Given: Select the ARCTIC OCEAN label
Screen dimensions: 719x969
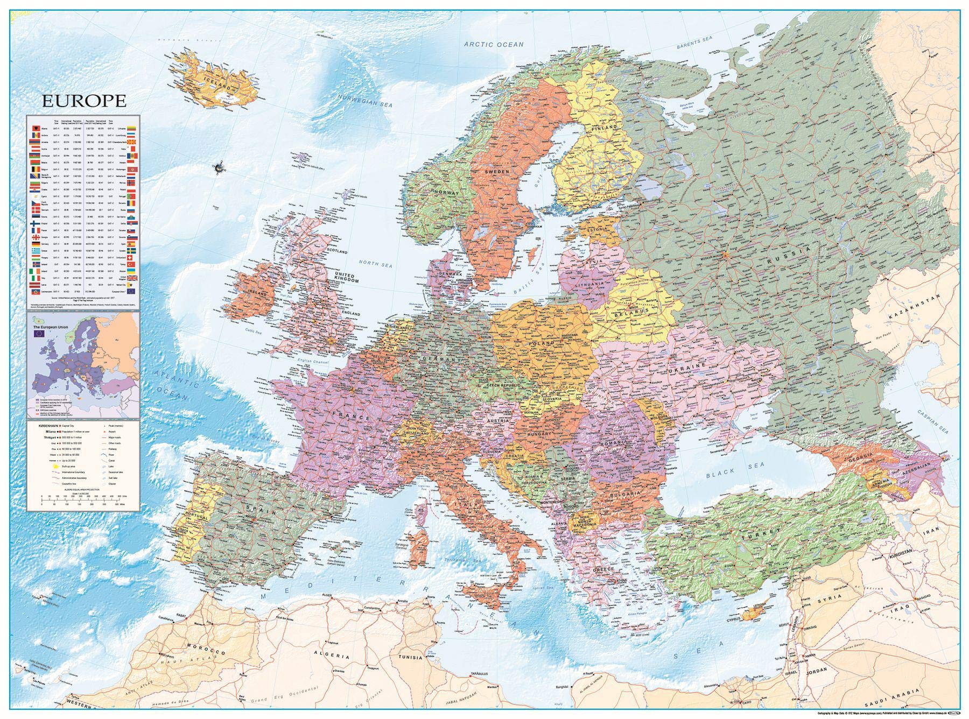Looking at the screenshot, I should point(494,44).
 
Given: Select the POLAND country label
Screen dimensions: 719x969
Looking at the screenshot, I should point(542,343).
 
